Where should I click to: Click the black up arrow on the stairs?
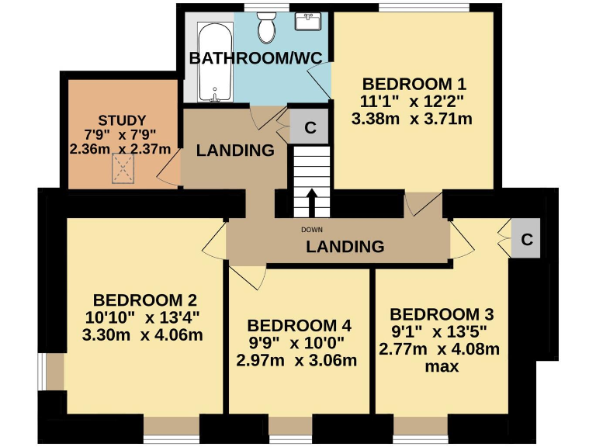point(312,203)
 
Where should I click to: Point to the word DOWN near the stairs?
point(312,230)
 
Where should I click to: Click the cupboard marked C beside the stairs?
point(310,129)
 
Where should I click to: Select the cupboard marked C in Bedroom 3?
point(527,240)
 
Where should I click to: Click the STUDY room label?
point(121,120)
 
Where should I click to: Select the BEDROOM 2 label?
point(144,300)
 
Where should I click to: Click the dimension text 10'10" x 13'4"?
point(143,317)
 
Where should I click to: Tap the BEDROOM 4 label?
point(299,325)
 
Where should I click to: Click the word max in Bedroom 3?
point(443,366)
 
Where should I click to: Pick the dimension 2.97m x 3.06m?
point(296,360)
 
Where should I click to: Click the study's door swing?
point(171,166)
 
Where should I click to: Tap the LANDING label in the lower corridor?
point(345,247)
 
